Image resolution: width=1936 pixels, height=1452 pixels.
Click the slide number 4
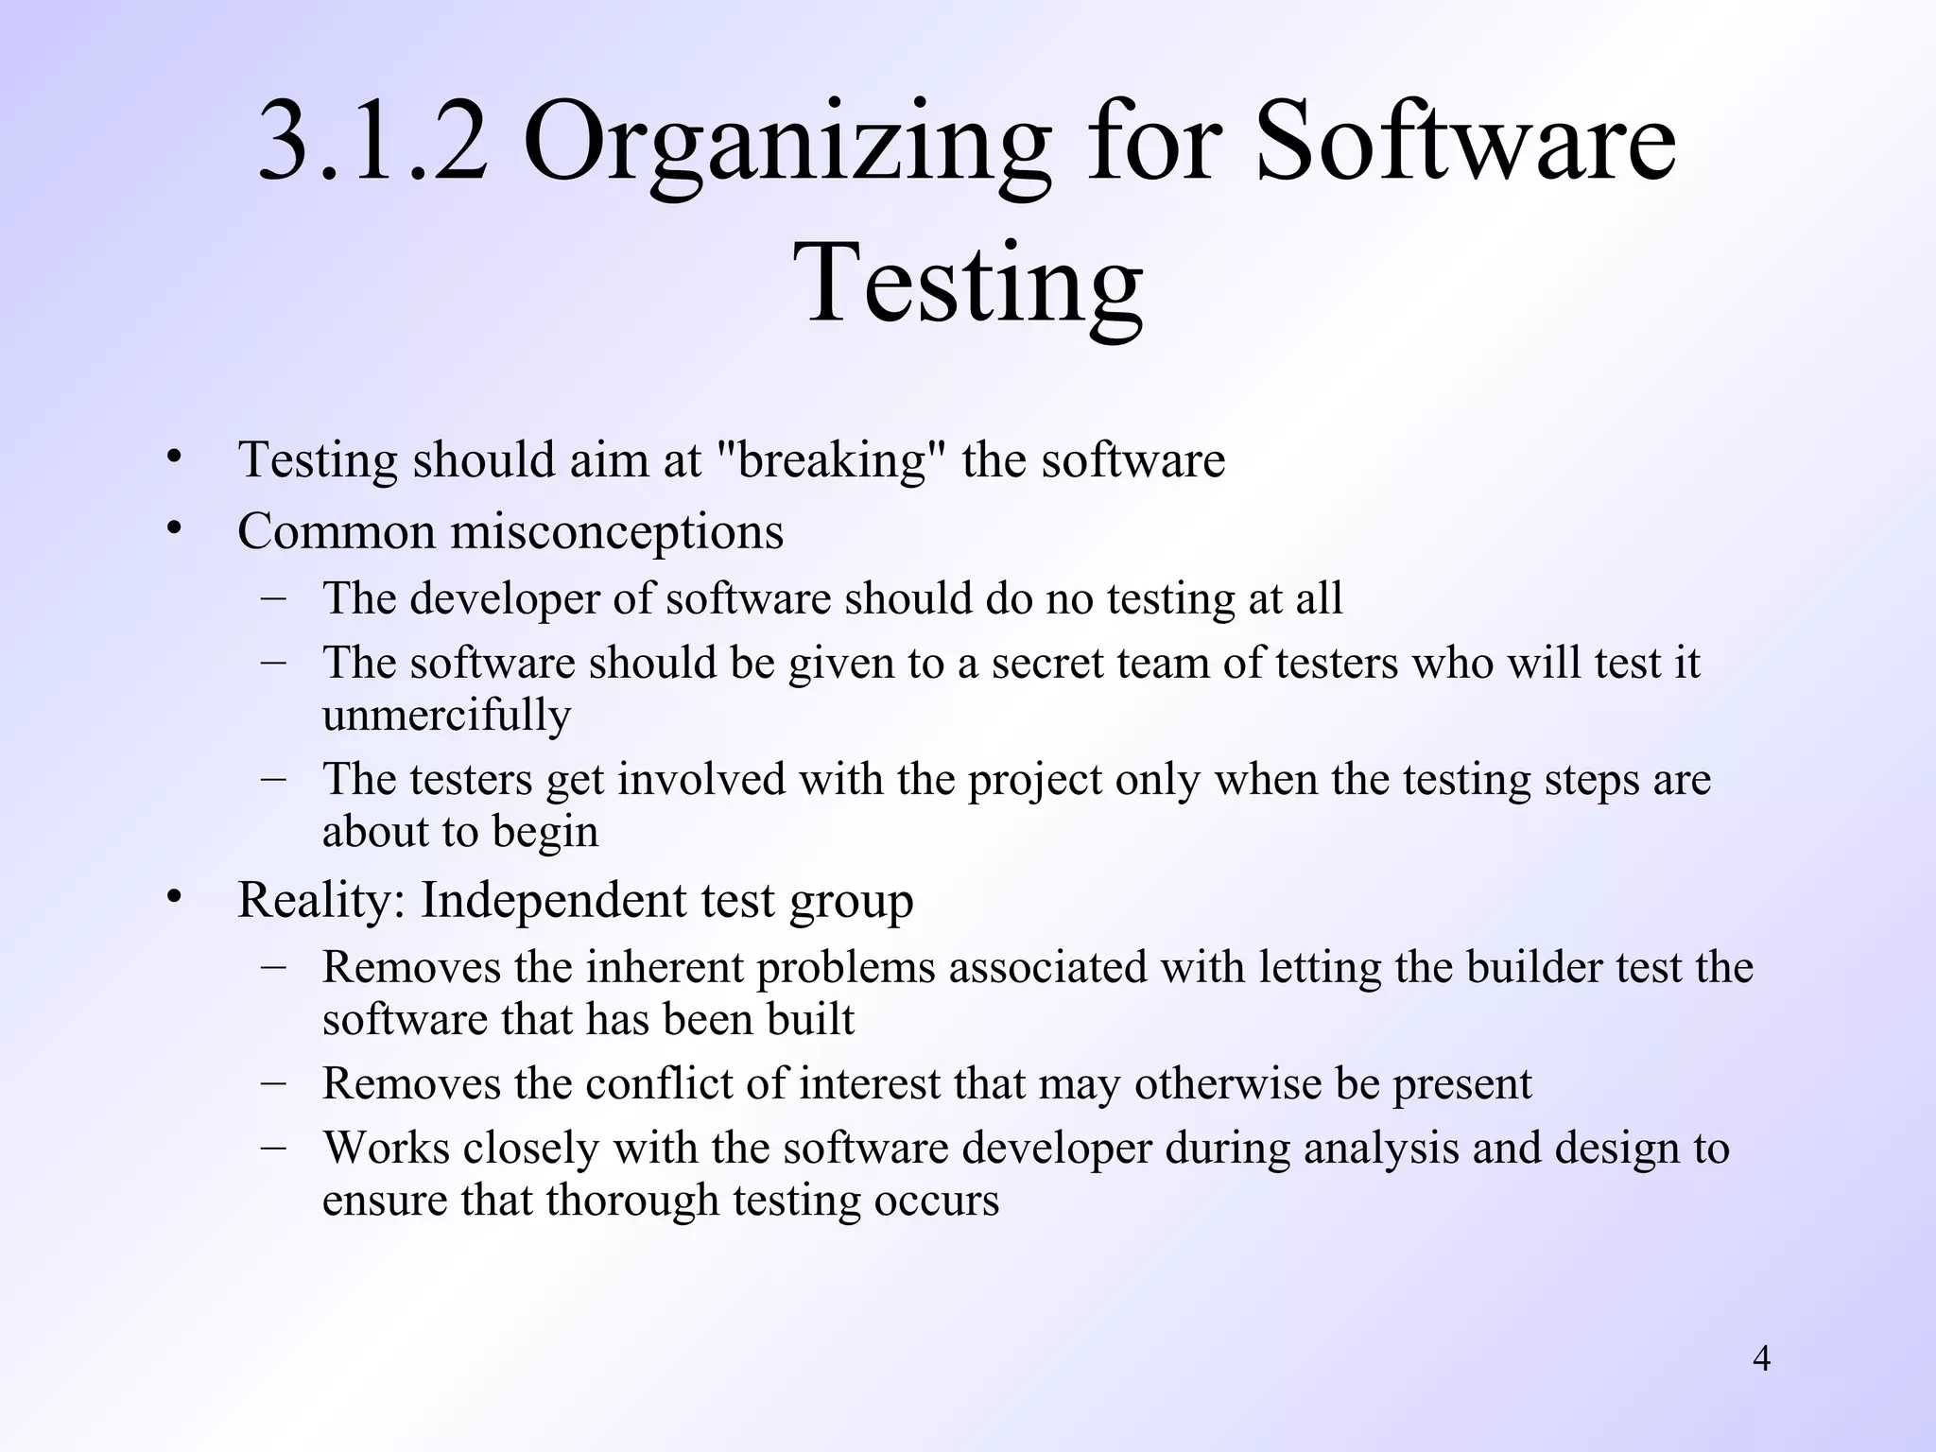pos(1761,1358)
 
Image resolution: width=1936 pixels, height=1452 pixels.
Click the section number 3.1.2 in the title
pos(372,142)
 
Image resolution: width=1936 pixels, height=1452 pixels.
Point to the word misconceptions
pos(616,531)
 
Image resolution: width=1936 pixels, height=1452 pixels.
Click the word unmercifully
pos(446,715)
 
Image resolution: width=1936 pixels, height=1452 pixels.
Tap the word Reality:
pos(321,900)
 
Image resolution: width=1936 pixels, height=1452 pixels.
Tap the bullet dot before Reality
pos(173,898)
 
